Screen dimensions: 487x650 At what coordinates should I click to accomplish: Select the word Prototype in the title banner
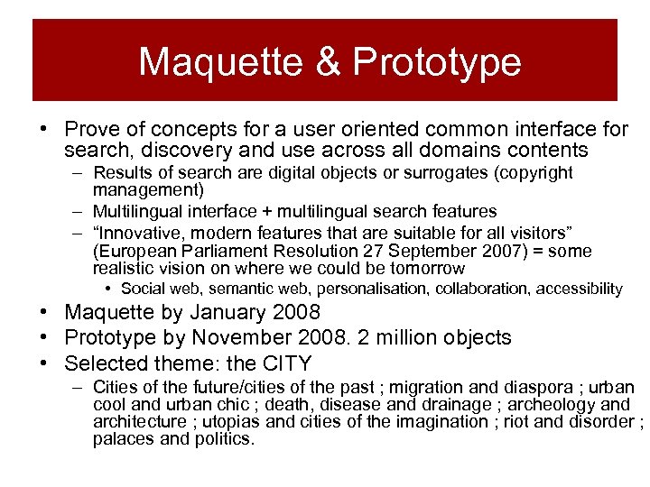437,62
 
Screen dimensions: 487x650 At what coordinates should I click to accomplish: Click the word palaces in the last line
123,439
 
